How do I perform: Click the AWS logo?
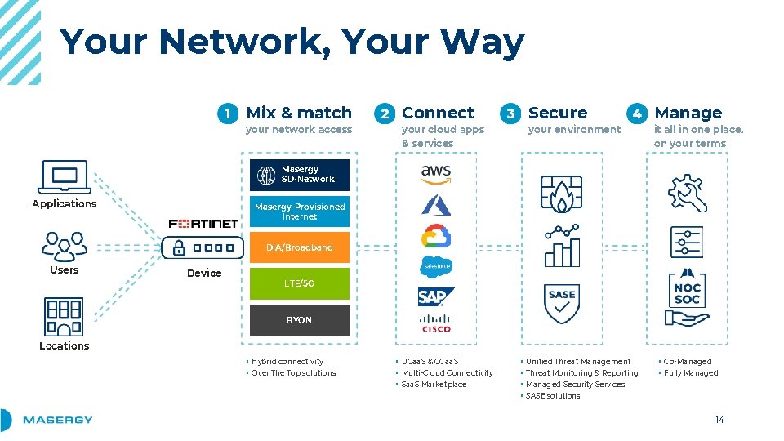[x=436, y=172]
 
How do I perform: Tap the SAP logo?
[x=436, y=296]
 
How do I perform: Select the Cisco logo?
[x=436, y=323]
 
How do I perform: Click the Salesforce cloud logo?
[x=436, y=266]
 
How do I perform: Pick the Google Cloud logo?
[x=436, y=235]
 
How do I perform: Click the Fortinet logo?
[x=203, y=223]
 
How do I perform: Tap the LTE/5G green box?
[x=299, y=283]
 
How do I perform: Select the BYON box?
[x=299, y=320]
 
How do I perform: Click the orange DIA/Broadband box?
[x=299, y=247]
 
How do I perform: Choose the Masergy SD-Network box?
[x=299, y=175]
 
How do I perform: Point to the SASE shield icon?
[x=562, y=303]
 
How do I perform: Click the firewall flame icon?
[x=562, y=194]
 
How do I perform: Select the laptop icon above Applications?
[x=64, y=177]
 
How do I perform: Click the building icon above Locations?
[x=64, y=317]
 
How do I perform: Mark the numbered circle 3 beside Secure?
[x=510, y=114]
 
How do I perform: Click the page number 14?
[x=719, y=421]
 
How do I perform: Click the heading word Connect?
[x=438, y=113]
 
